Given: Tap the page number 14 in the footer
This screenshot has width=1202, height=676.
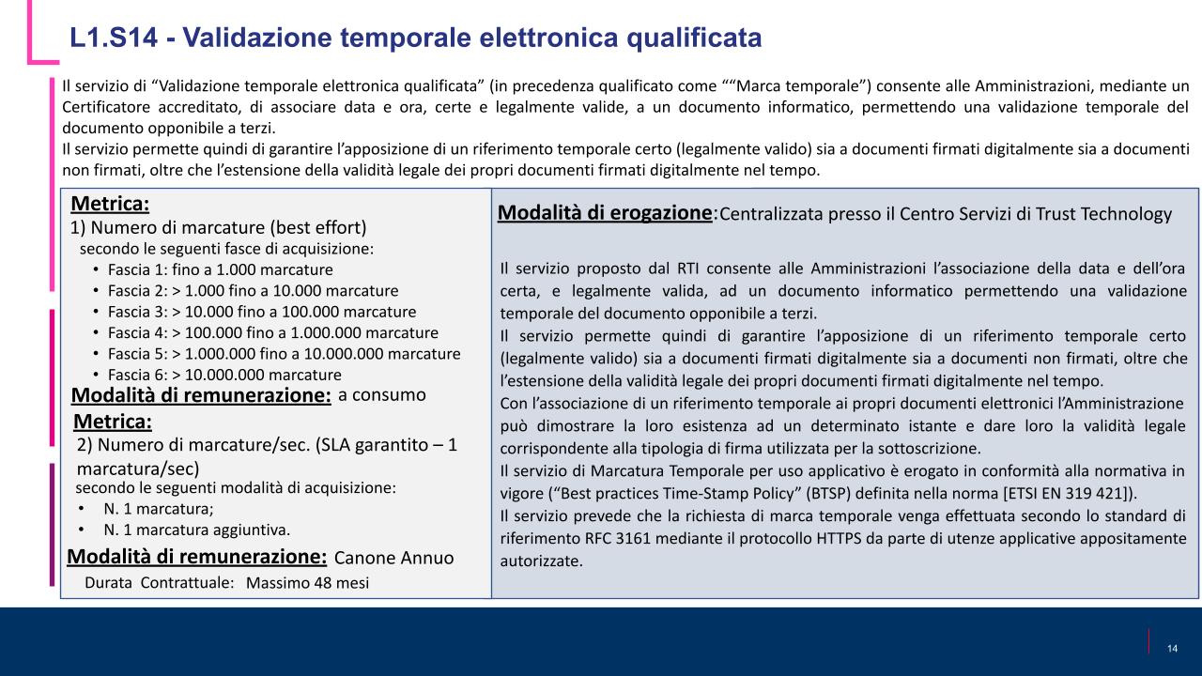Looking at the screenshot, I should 1172,649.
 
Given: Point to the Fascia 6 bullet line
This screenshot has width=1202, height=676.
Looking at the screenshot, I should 224,375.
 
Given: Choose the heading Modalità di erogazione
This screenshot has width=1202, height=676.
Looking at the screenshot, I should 604,212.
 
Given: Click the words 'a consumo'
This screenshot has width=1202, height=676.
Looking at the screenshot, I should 381,394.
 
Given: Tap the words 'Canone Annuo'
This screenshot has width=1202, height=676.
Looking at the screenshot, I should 393,558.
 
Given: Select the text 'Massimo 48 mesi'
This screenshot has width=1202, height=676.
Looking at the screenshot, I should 307,583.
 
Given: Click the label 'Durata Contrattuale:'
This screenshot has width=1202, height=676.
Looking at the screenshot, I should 159,583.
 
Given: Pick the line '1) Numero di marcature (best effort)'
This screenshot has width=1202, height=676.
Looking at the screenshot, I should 218,227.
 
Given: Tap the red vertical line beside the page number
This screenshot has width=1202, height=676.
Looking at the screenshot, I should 1149,640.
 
